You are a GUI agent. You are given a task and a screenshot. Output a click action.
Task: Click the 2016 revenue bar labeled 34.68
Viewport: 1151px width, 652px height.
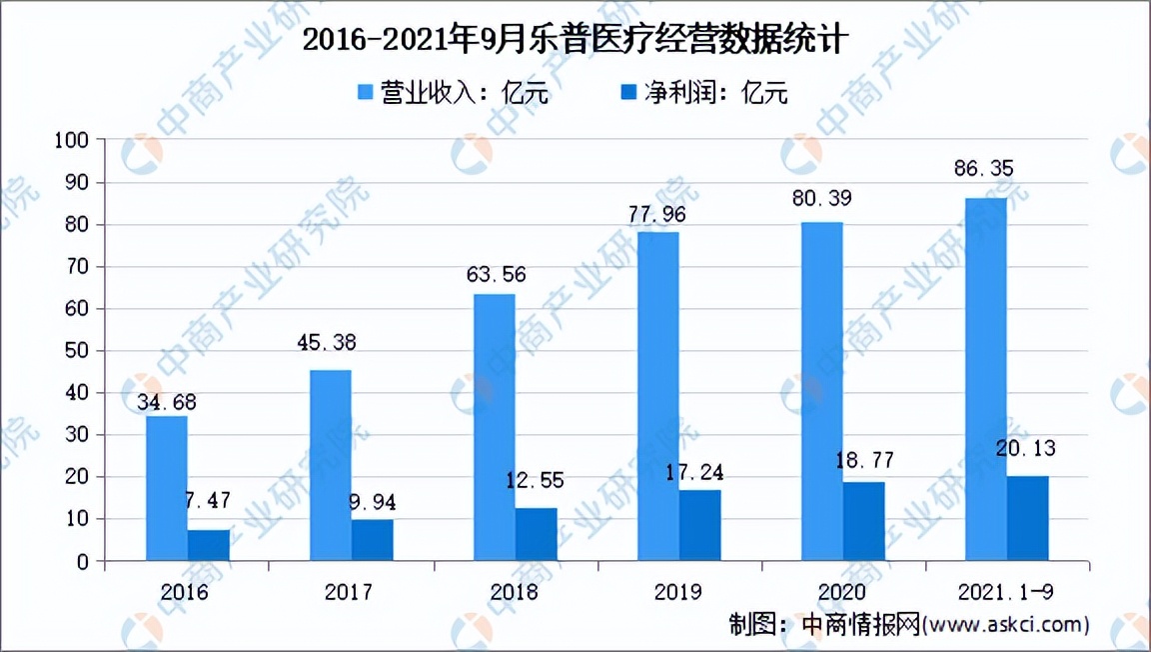[x=167, y=488]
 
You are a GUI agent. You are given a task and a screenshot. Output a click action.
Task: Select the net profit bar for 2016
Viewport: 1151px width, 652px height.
[x=209, y=545]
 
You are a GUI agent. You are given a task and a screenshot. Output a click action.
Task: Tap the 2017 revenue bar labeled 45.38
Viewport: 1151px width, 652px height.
[x=331, y=465]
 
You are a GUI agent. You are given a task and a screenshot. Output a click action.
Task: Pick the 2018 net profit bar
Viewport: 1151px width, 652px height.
[x=537, y=534]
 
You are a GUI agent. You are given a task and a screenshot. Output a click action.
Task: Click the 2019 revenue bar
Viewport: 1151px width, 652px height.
[x=658, y=396]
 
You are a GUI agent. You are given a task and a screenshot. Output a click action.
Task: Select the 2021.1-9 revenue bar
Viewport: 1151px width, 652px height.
[x=986, y=379]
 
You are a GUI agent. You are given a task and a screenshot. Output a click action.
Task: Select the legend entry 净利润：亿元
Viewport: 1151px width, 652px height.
[x=703, y=93]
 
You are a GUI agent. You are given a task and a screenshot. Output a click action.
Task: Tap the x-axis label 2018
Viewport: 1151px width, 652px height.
[x=515, y=592]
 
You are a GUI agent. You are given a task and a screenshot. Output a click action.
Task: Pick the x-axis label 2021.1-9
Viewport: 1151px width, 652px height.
[x=1007, y=592]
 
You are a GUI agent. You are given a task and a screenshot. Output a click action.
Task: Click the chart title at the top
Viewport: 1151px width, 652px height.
[x=575, y=41]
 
